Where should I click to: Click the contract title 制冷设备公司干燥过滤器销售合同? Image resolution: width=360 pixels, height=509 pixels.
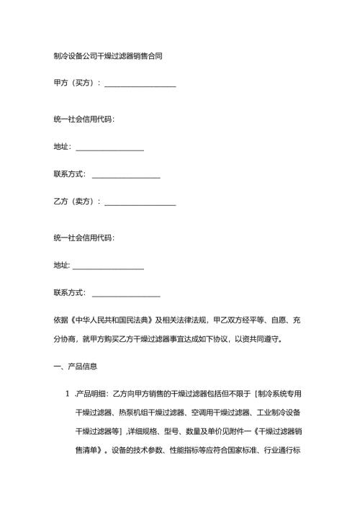pyautogui.click(x=107, y=55)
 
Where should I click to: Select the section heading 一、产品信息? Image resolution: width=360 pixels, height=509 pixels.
pyautogui.click(x=76, y=367)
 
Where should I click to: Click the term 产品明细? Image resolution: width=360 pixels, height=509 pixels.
pyautogui.click(x=94, y=394)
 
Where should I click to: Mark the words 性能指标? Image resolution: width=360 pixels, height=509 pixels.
pyautogui.click(x=184, y=450)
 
